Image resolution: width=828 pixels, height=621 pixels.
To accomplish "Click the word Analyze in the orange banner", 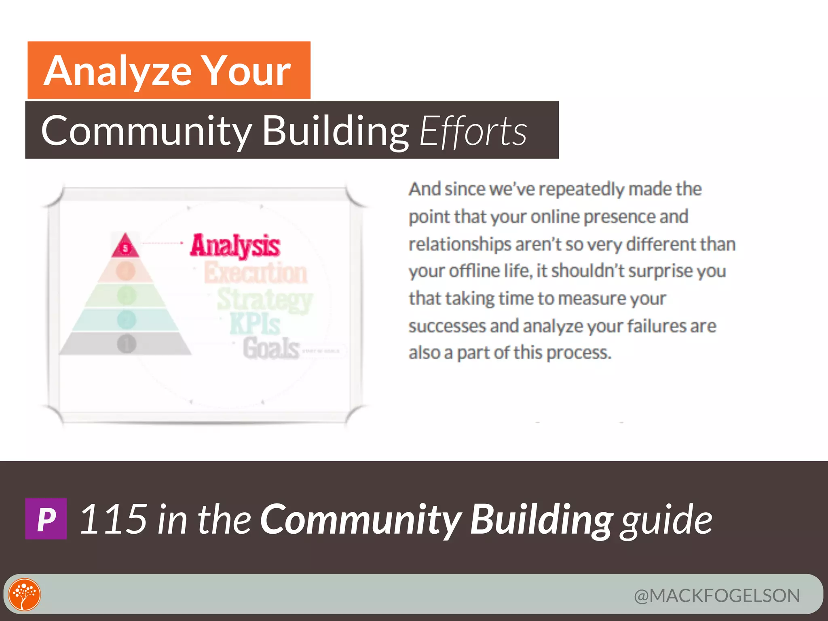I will [x=117, y=72].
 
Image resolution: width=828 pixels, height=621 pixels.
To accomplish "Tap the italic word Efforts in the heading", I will [x=473, y=131].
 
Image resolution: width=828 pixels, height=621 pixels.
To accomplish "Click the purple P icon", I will [x=46, y=519].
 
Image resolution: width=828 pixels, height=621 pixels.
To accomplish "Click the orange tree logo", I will [x=25, y=594].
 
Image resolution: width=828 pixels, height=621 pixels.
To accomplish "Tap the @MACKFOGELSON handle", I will [x=717, y=596].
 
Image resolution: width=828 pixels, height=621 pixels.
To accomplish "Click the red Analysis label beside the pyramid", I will [x=235, y=245].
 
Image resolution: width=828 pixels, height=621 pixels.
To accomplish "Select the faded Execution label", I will [x=256, y=273].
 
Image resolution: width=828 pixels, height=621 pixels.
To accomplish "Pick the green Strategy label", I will [x=265, y=299].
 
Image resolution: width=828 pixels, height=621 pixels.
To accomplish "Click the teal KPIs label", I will [x=255, y=324].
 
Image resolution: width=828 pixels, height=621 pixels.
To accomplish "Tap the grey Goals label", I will [x=271, y=348].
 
